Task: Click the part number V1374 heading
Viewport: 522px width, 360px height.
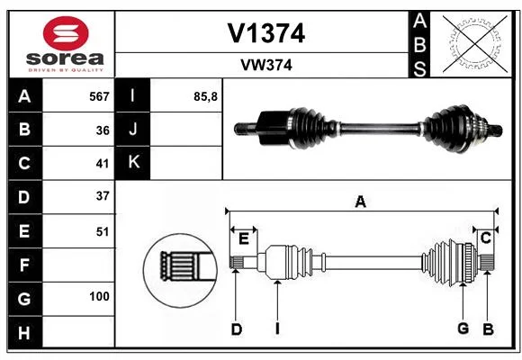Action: pyautogui.click(x=266, y=33)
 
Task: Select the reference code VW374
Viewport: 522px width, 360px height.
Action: pyautogui.click(x=266, y=65)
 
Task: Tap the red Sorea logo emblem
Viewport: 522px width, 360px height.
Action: pyautogui.click(x=66, y=33)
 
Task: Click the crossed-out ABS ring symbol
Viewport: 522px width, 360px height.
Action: pyautogui.click(x=475, y=44)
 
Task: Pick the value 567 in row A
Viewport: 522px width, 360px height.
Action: pyautogui.click(x=99, y=96)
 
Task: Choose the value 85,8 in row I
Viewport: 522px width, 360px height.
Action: pyautogui.click(x=205, y=96)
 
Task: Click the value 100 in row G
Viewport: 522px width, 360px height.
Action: pyautogui.click(x=99, y=296)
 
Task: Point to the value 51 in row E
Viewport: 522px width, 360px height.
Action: pyautogui.click(x=103, y=231)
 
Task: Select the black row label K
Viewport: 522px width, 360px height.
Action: pyautogui.click(x=132, y=163)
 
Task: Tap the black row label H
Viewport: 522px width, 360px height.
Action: pyautogui.click(x=25, y=333)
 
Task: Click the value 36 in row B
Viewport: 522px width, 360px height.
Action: pyautogui.click(x=103, y=130)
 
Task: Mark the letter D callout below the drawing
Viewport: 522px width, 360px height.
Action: pyautogui.click(x=237, y=329)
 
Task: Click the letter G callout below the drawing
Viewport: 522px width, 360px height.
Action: pyautogui.click(x=463, y=328)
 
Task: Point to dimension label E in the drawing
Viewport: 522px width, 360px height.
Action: pyautogui.click(x=244, y=238)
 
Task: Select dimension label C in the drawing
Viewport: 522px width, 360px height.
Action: pyautogui.click(x=486, y=238)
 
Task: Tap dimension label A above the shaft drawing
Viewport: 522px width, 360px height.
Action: pyautogui.click(x=361, y=202)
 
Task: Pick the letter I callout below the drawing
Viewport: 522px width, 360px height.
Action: pyautogui.click(x=277, y=329)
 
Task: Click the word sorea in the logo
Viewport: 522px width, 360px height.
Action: pyautogui.click(x=65, y=58)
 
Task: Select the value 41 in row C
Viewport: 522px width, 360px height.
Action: pyautogui.click(x=103, y=164)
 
